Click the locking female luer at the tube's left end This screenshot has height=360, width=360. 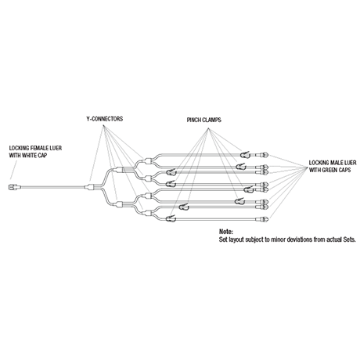pyautogui.click(x=13, y=187)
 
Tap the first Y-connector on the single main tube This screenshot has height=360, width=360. pyautogui.click(x=90, y=187)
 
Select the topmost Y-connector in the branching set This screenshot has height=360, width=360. pyautogui.click(x=148, y=160)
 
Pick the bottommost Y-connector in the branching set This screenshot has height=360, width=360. pyautogui.click(x=148, y=213)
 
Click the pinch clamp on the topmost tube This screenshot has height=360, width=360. pyautogui.click(x=245, y=155)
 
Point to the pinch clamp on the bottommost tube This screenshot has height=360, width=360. pyautogui.click(x=171, y=218)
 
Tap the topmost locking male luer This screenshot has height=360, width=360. pyautogui.click(x=263, y=155)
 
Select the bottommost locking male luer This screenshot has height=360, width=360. pyautogui.click(x=263, y=219)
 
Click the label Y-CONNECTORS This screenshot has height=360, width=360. pyautogui.click(x=105, y=119)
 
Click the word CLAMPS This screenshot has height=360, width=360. pyautogui.click(x=212, y=120)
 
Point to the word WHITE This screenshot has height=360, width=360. pyautogui.click(x=30, y=156)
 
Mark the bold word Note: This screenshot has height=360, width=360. pyautogui.click(x=226, y=232)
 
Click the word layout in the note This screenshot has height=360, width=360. pyautogui.click(x=236, y=239)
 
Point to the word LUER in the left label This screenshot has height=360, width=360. pyautogui.click(x=57, y=148)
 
